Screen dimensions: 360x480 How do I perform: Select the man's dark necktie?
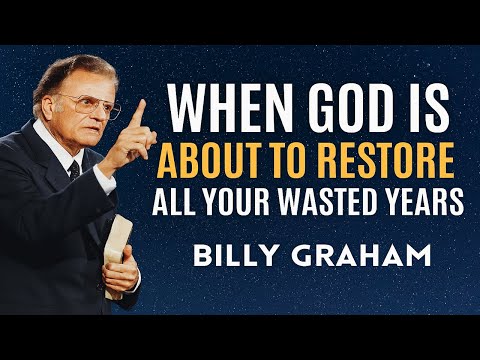pos(75,172)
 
